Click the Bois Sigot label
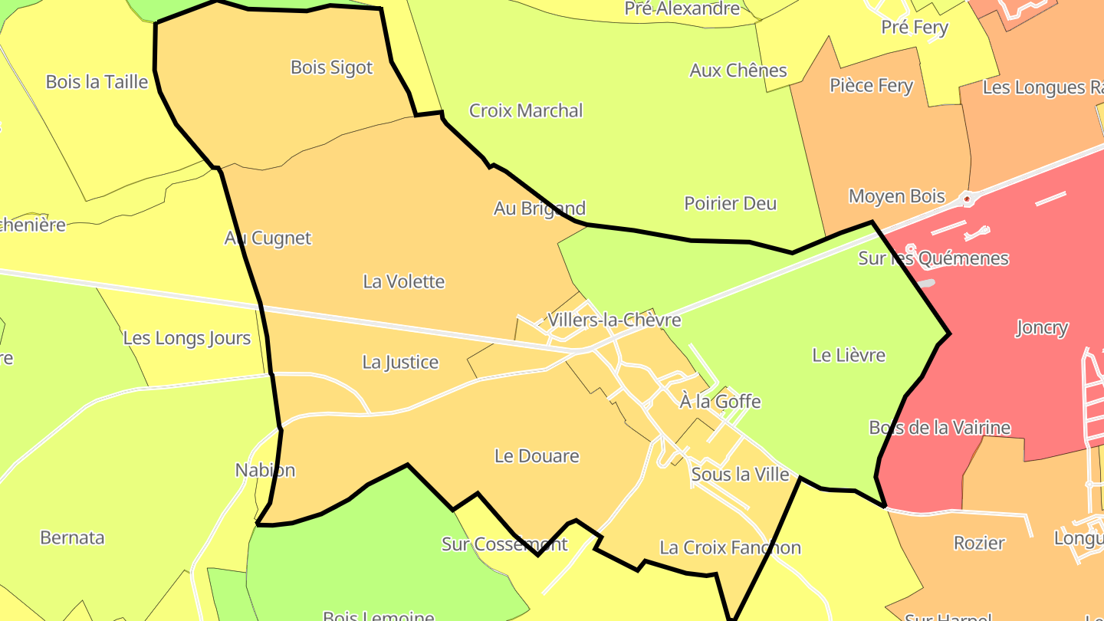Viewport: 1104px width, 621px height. [x=331, y=67]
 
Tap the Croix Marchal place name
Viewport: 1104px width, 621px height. [x=526, y=110]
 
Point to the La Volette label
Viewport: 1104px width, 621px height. [x=404, y=281]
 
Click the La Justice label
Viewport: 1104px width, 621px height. [x=400, y=362]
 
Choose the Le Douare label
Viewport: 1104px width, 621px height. [x=537, y=456]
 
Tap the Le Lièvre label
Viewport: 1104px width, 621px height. [x=848, y=355]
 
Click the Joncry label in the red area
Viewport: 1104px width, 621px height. [x=1041, y=328]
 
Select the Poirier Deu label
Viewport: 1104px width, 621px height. [x=730, y=203]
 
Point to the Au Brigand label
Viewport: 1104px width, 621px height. [x=540, y=209]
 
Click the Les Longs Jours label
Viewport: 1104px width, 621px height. [x=187, y=338]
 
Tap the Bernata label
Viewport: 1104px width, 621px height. [x=72, y=537]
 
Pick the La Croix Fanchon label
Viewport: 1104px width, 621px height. [x=730, y=547]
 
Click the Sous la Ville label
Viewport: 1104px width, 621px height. [x=740, y=475]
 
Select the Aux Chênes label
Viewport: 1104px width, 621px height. [x=738, y=71]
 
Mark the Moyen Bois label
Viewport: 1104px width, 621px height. [x=897, y=196]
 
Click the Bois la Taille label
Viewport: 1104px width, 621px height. [x=97, y=82]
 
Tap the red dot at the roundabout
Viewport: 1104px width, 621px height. [x=968, y=199]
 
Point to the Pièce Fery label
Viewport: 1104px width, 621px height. [x=871, y=85]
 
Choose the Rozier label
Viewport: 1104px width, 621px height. [x=979, y=543]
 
